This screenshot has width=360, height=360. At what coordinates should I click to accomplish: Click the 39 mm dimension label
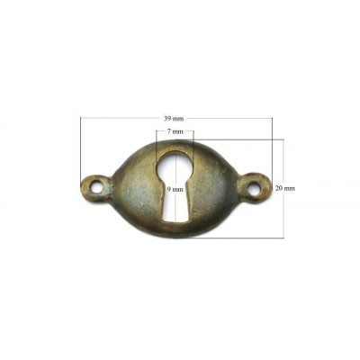coord(174,118)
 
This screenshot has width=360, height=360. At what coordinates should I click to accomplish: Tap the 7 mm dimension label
coord(175,131)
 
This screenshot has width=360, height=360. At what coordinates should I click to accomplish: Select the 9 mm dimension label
coord(175,189)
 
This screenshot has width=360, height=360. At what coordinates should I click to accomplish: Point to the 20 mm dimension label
coord(285,188)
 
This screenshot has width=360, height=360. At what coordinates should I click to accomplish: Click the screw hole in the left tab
coord(97,188)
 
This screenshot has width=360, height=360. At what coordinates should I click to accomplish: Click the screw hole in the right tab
coord(254,187)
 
